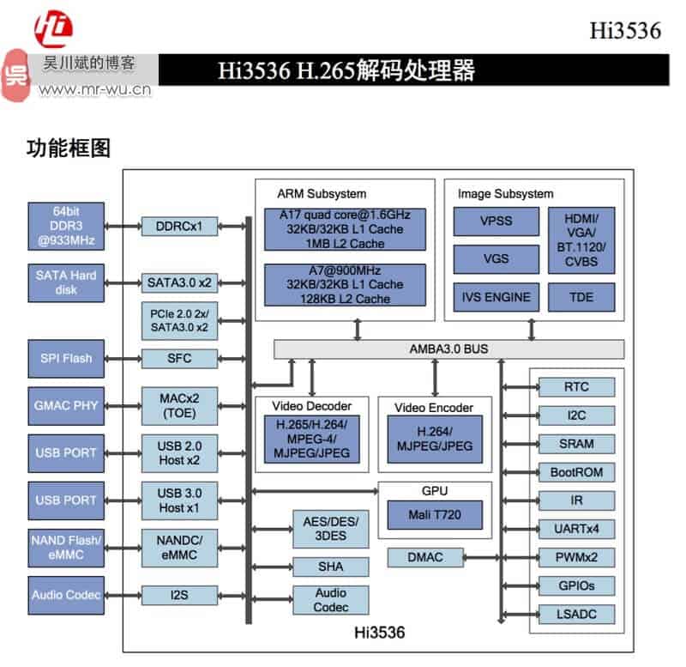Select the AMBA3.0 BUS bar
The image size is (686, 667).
(448, 349)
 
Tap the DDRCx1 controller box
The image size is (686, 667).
(179, 227)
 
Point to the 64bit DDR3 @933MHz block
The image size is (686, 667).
(66, 226)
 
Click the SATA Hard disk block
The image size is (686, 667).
(66, 282)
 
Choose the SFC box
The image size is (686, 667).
(179, 357)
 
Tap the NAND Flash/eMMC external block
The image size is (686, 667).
(66, 547)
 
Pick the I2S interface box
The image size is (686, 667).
(179, 595)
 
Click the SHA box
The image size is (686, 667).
(330, 567)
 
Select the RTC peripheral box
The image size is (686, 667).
(576, 387)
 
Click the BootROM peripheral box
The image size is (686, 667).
(576, 472)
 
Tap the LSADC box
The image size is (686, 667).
(576, 614)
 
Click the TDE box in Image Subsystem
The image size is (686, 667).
(581, 298)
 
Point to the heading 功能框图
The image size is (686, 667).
(69, 149)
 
